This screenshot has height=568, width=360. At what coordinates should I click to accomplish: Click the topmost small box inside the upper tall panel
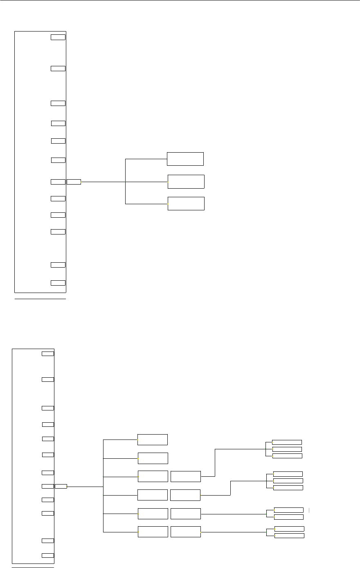pos(58,37)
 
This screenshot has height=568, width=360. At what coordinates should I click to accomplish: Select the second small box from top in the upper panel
pos(58,68)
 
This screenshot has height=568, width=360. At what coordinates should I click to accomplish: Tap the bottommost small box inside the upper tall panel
pos(58,283)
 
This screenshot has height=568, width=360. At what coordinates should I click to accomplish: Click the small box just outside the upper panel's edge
pos(74,182)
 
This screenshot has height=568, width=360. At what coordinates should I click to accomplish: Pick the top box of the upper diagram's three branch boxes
pos(185,159)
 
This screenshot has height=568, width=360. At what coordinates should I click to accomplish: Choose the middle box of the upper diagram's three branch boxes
pos(186,181)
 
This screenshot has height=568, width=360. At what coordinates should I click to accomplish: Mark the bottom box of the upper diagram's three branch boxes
pos(186,203)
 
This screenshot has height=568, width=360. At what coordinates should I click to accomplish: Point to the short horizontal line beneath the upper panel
pos(40,299)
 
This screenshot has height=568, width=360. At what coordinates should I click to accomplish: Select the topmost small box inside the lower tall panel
pos(48,353)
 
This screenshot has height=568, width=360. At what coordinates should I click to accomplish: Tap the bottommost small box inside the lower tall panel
pos(48,555)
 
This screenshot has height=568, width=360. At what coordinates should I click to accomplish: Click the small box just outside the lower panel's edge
pos(61,486)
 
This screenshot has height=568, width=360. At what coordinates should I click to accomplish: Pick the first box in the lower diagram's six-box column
pos(153,440)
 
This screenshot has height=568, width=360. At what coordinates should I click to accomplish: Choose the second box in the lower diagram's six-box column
pos(153,458)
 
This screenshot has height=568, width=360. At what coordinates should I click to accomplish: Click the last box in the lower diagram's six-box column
pos(153,532)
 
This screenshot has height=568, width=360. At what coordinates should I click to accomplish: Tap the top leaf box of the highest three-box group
pos(287,442)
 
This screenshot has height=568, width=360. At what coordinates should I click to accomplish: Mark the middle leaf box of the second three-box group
pos(288,480)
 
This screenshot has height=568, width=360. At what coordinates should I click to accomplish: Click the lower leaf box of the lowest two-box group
pos(289,536)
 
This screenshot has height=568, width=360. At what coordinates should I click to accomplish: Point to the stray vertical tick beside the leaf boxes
pos(309,510)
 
